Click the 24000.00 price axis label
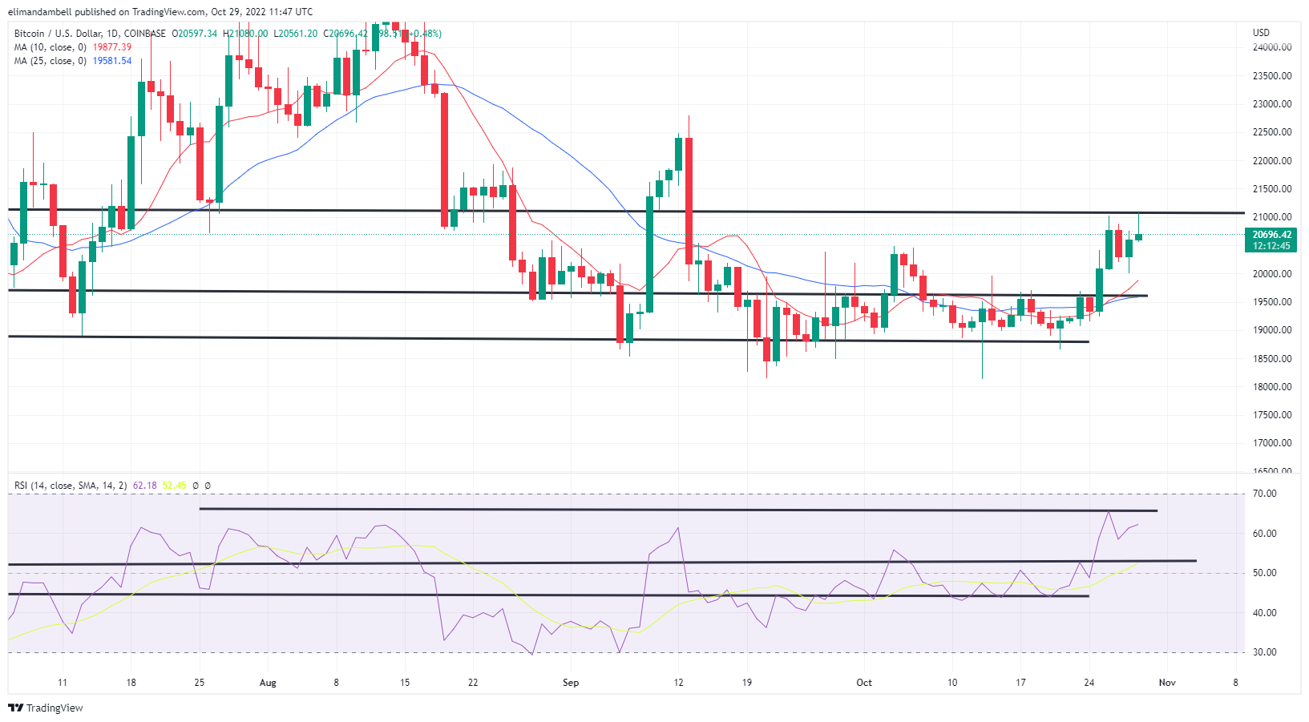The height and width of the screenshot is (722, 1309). click(1272, 47)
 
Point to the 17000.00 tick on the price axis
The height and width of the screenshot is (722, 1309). click(1272, 443)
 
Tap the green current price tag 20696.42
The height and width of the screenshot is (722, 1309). click(1271, 235)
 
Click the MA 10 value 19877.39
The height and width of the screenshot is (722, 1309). click(112, 47)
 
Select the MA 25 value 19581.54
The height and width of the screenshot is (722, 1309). click(112, 61)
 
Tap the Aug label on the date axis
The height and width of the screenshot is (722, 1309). click(268, 683)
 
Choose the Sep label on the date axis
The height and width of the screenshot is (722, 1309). click(570, 683)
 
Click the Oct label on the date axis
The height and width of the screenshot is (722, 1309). click(863, 683)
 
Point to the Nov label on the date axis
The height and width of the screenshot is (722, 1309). click(1167, 683)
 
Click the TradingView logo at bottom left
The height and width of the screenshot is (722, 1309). click(46, 708)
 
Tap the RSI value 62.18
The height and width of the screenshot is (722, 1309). click(144, 486)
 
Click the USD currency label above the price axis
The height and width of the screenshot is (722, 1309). click(1261, 33)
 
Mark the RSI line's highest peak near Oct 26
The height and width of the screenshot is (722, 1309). click(1109, 512)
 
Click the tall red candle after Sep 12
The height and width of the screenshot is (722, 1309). click(689, 200)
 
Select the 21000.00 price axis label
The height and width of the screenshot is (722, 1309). click(1272, 217)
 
